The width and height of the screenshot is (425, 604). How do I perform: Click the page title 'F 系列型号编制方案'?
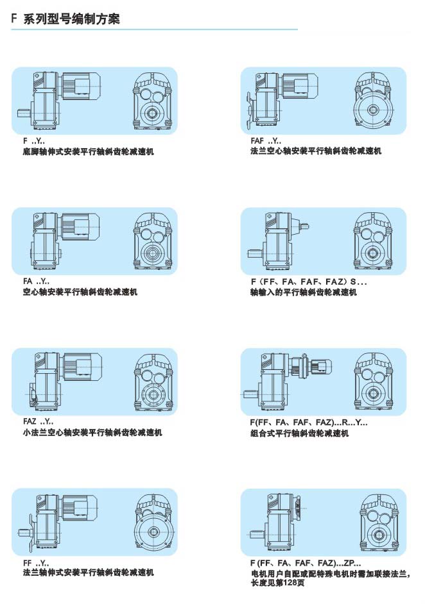pos(65,19)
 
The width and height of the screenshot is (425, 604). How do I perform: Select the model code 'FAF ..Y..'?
pos(266,141)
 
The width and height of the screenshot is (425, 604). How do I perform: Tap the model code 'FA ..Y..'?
pos(36,281)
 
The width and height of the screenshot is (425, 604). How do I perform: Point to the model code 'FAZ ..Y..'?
pos(38,422)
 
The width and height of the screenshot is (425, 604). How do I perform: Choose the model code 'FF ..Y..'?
pos(36,563)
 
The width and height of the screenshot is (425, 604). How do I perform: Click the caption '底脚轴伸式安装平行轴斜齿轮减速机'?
pos(89,151)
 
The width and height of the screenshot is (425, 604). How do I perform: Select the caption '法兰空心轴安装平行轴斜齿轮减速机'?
pos(316,151)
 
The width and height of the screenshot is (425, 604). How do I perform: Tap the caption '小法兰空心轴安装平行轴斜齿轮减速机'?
pos(92,433)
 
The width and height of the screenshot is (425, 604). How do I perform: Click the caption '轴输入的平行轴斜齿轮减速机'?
pos(304,292)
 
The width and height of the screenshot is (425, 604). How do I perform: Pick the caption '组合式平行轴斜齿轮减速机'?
pos(300,433)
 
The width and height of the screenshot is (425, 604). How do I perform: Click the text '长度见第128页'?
pos(278,583)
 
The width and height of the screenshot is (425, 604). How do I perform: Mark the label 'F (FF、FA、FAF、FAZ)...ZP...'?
pos(306,563)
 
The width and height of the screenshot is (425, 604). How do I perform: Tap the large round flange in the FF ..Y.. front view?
pos(154,532)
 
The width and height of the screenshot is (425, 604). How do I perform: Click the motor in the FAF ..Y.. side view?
pos(300,85)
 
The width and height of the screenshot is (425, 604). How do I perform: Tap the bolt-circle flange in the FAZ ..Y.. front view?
pos(154,394)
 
